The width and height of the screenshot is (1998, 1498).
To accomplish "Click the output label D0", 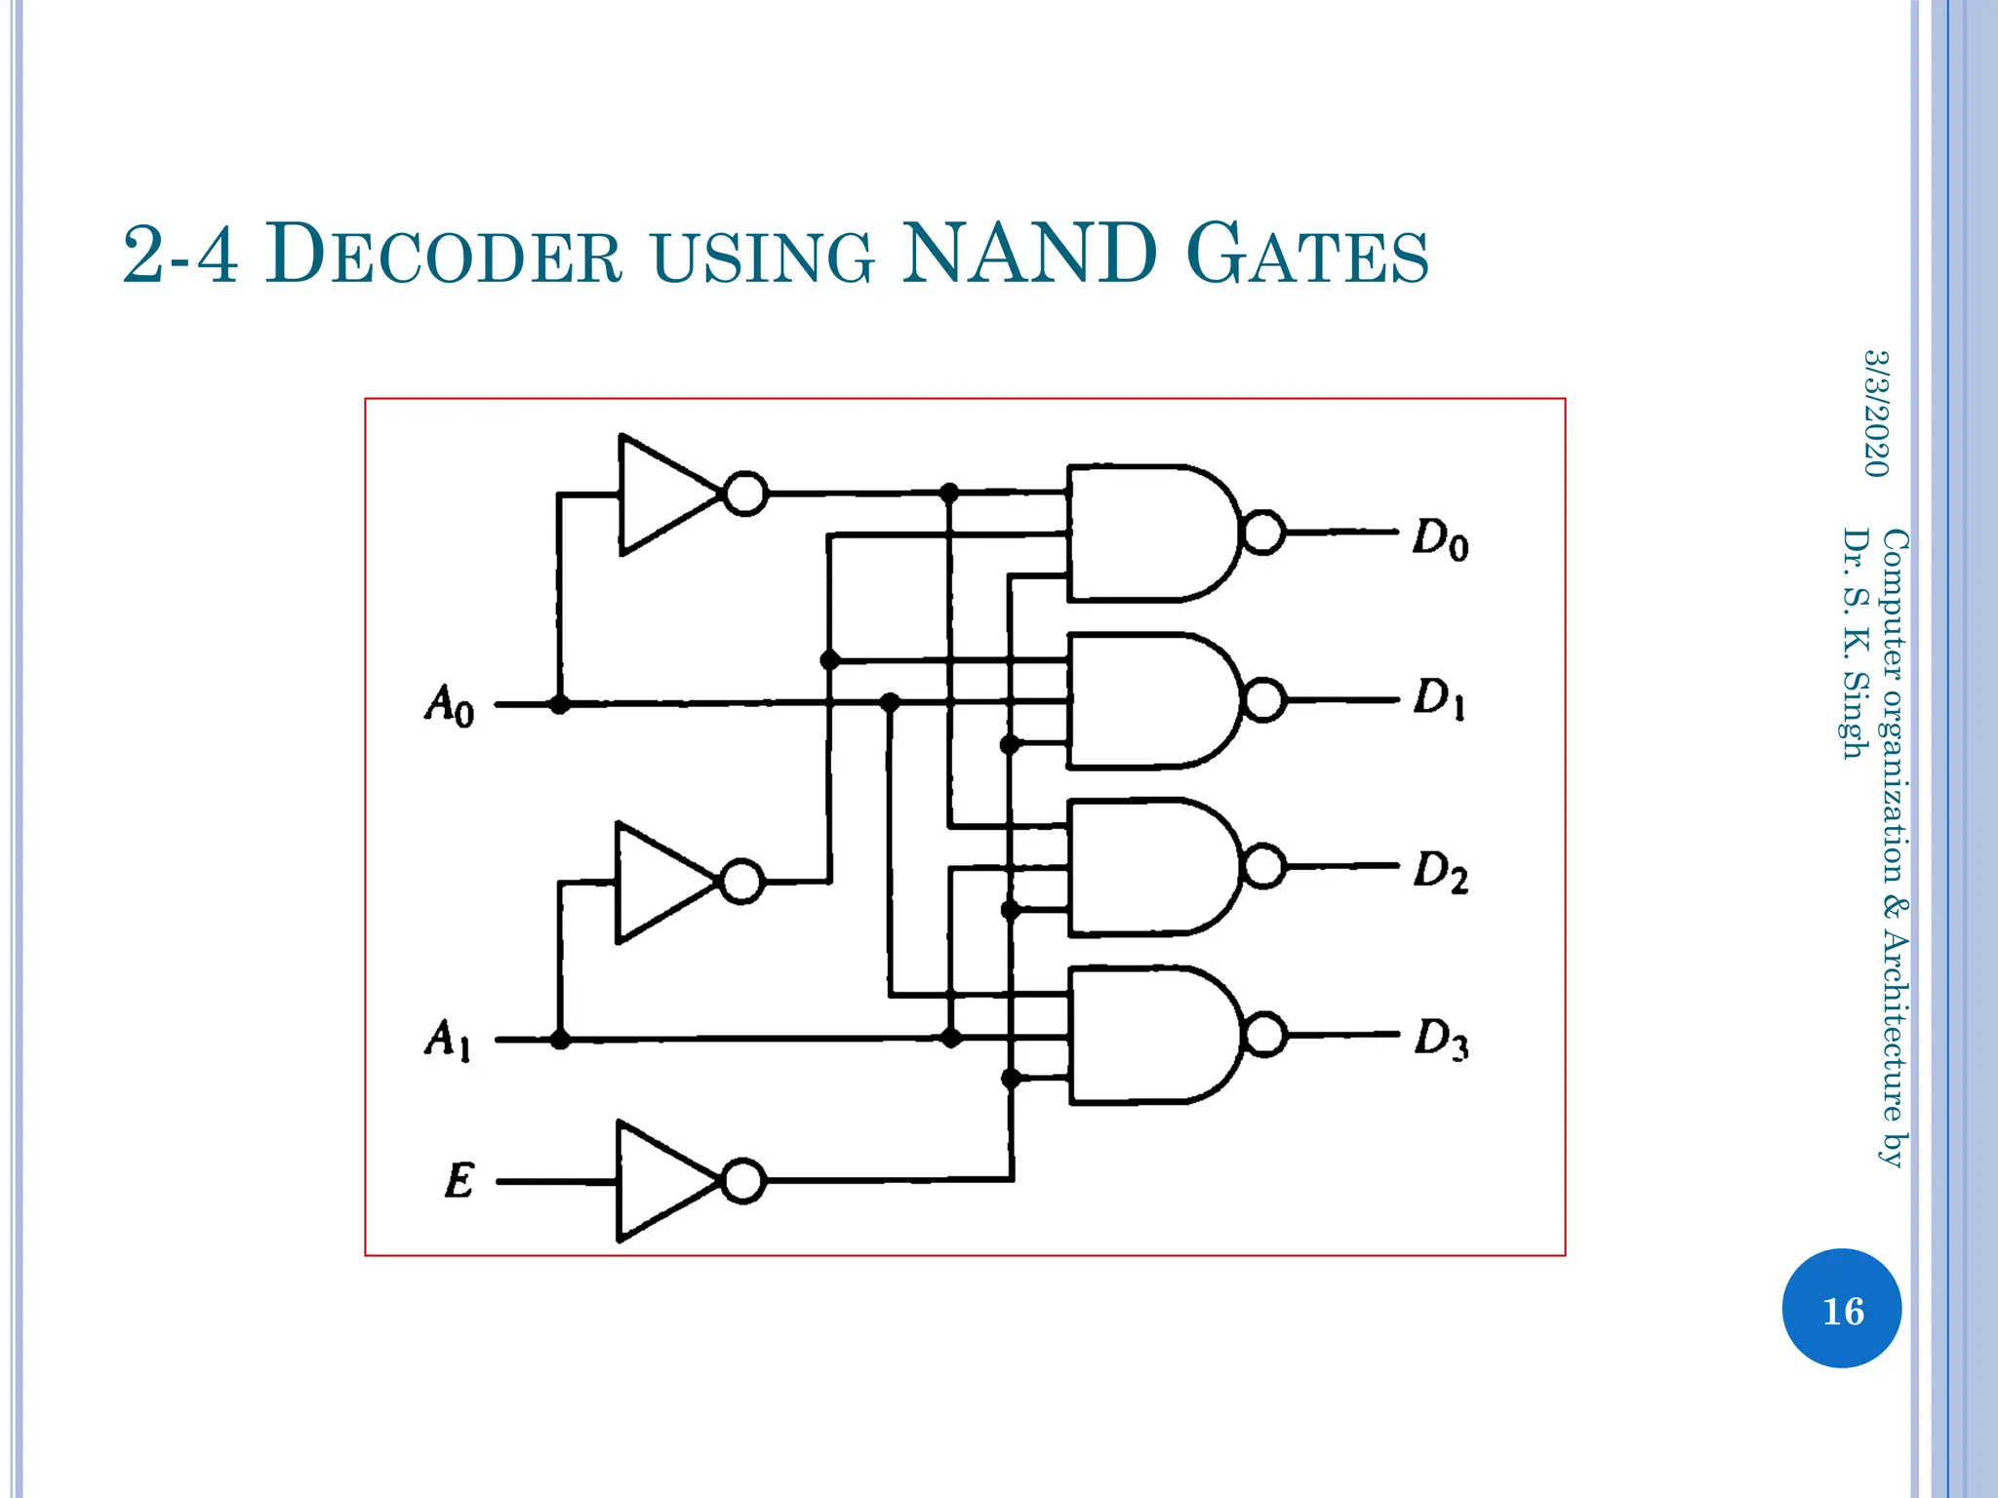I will tap(1440, 539).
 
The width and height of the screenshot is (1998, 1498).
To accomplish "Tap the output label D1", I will tap(1440, 699).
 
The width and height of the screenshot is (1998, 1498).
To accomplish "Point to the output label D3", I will tap(1441, 1040).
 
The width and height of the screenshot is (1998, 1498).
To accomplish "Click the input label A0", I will tap(450, 704).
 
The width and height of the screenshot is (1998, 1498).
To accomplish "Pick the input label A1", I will tap(448, 1040).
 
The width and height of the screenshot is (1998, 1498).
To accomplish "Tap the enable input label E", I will tap(459, 1181).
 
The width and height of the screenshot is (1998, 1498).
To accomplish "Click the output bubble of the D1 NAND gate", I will tap(1264, 700).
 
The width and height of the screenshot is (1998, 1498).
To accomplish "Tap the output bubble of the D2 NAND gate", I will tap(1264, 866).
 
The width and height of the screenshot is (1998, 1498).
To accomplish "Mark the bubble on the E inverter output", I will tap(744, 1181).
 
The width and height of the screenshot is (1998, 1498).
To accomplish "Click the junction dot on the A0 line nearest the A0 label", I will tap(559, 704).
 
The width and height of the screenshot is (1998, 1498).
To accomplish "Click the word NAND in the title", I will tap(1029, 255).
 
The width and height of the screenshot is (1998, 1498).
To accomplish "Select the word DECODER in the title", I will tap(444, 256).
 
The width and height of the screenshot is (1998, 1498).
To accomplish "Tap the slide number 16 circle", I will tap(1841, 1309).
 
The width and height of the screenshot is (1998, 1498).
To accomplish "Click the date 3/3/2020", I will tap(1875, 414).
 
